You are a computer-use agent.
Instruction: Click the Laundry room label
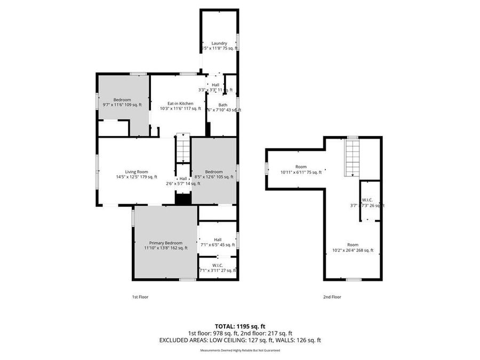point(219,43)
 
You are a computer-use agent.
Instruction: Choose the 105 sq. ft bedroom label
point(214,172)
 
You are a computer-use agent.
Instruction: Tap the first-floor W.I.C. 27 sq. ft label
point(218,265)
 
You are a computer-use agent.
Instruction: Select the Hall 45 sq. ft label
point(218,240)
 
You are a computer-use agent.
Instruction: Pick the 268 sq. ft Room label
point(353,245)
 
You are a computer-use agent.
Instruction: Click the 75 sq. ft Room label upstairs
point(301,167)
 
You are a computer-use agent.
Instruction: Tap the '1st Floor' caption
point(140,297)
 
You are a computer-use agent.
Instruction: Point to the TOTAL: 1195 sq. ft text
point(239,325)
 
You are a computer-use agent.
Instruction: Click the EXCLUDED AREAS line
point(239,340)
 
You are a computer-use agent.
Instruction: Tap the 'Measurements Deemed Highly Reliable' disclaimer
point(239,350)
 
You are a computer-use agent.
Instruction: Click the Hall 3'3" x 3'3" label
point(215,85)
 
